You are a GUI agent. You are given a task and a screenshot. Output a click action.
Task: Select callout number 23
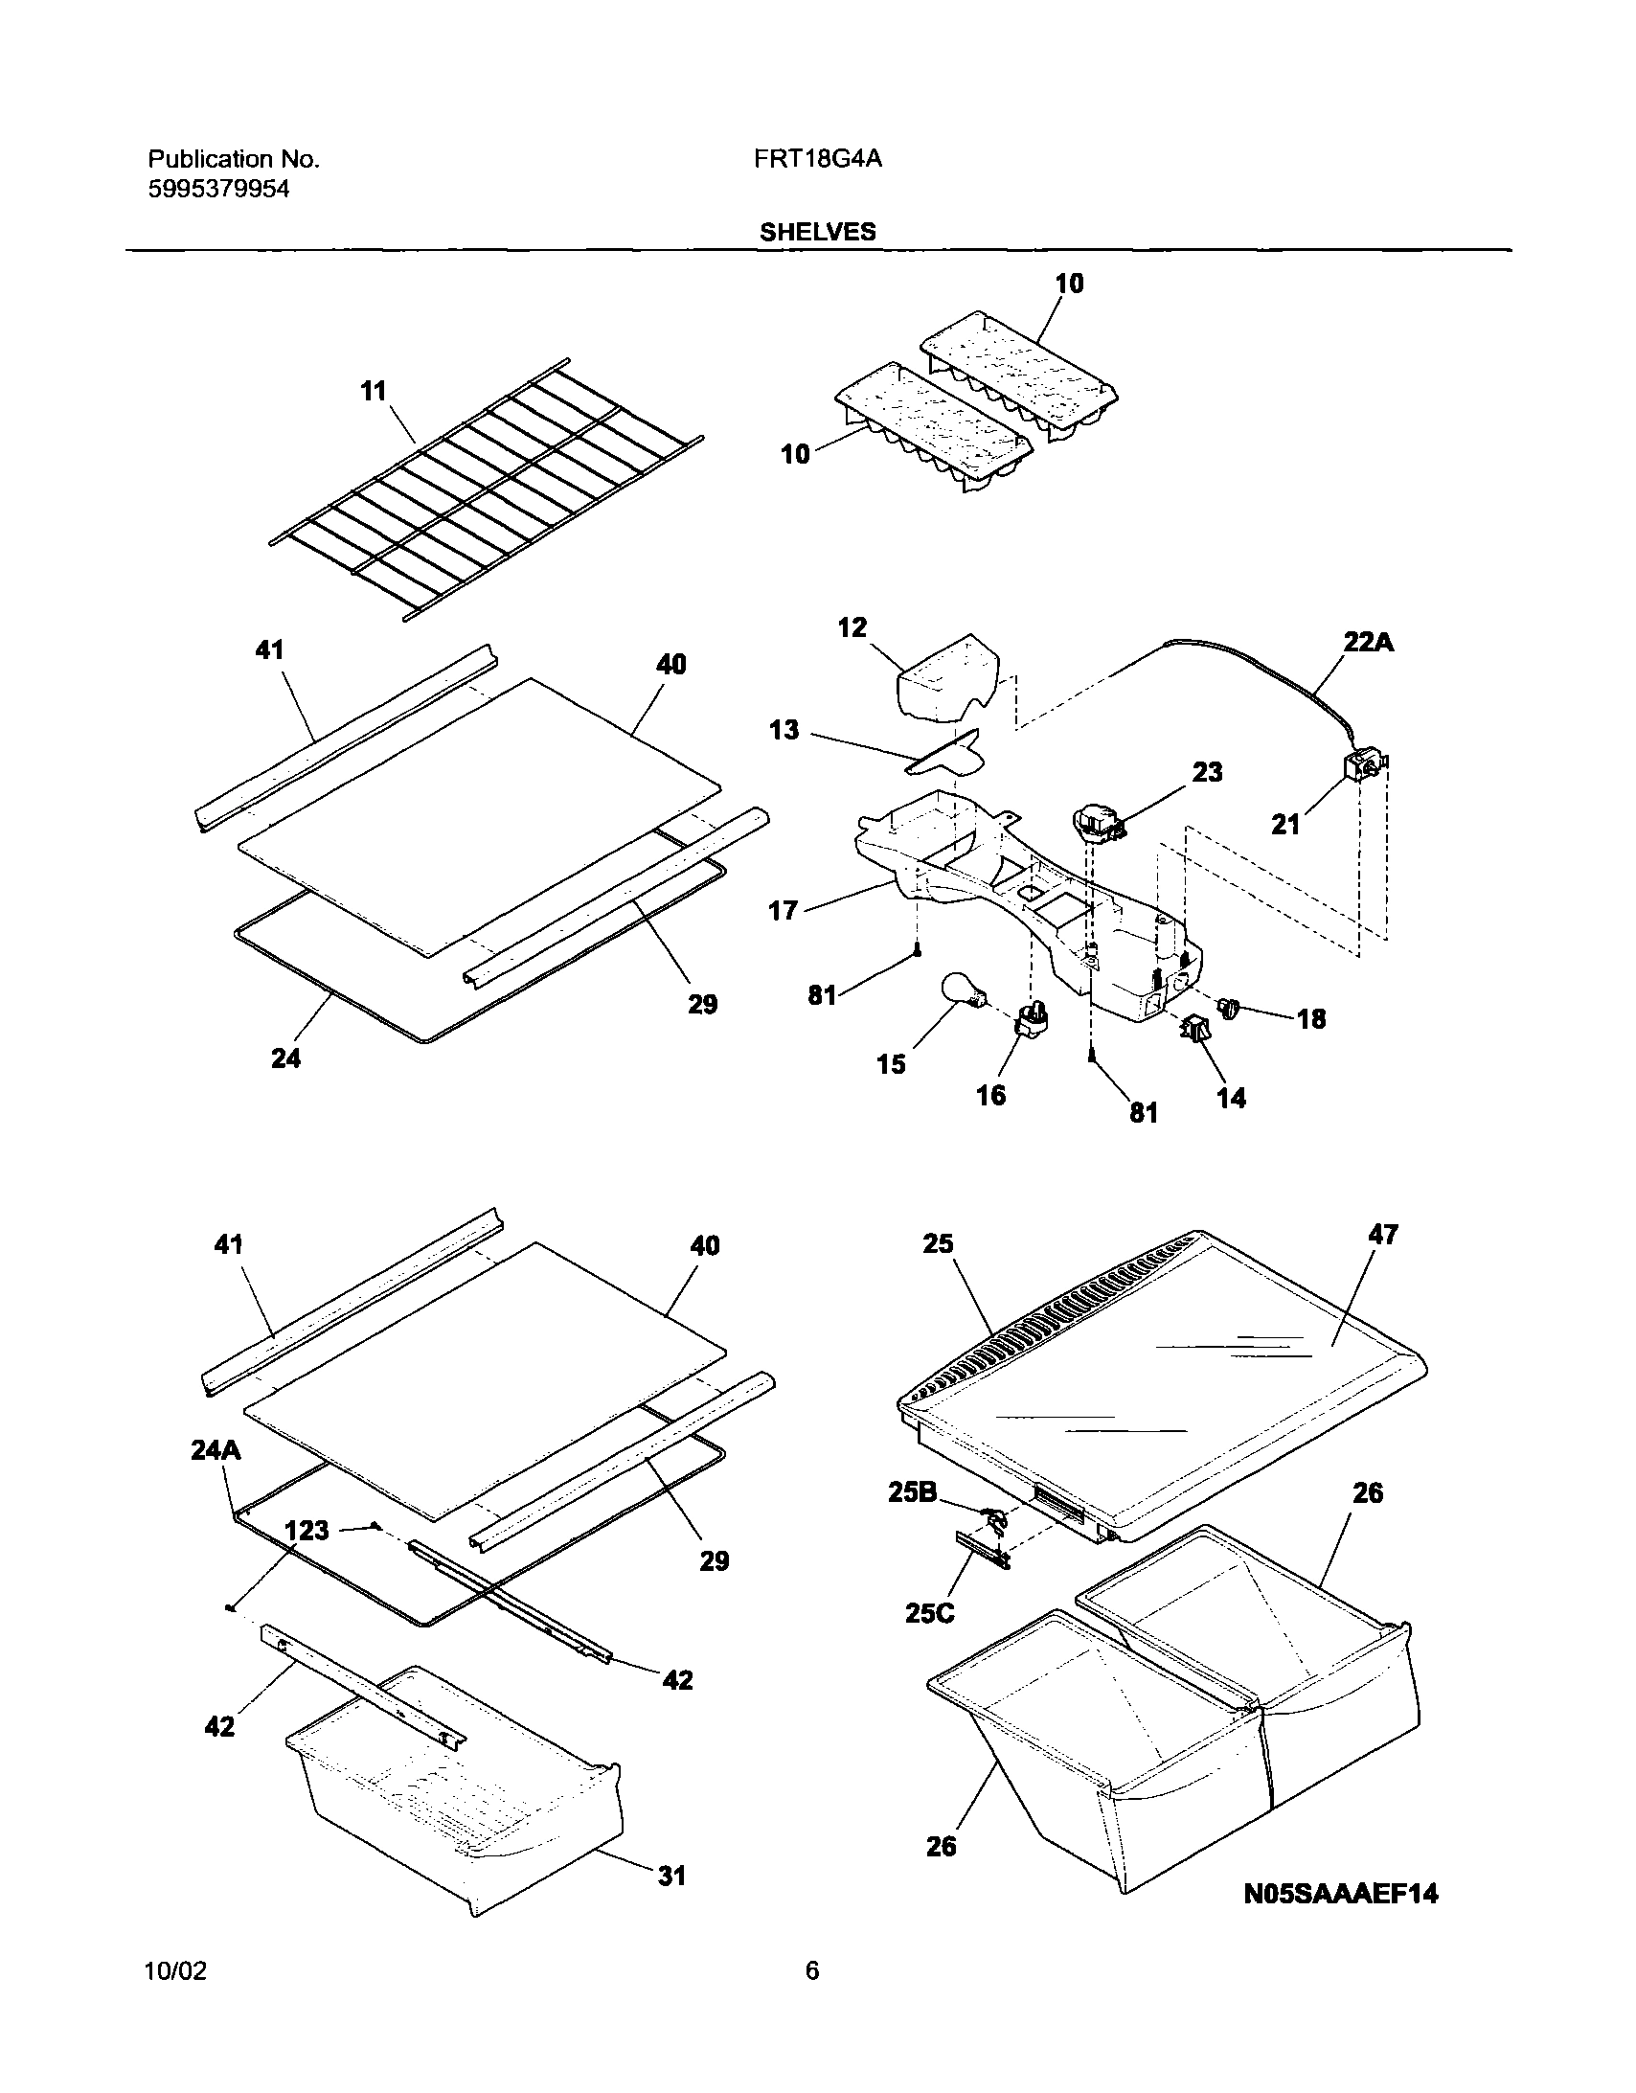click(1207, 772)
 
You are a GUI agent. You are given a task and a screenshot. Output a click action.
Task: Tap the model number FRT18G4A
click(817, 159)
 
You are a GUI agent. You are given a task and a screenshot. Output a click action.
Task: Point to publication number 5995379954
click(218, 190)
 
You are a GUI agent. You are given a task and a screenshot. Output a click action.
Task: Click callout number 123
click(307, 1531)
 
